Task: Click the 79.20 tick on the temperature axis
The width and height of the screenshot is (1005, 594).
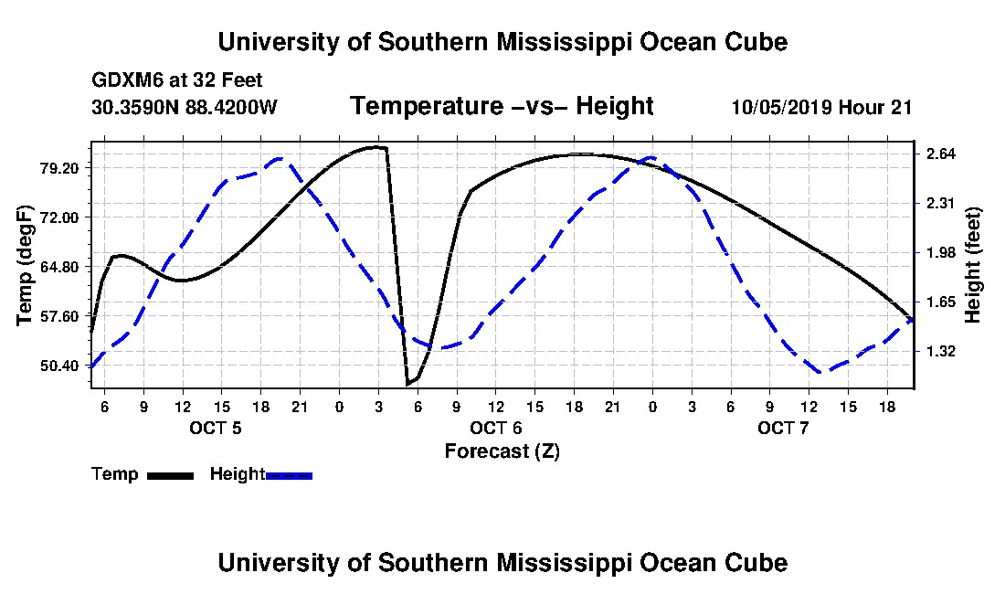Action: (x=59, y=168)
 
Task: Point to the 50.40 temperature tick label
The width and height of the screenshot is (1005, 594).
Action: (x=59, y=366)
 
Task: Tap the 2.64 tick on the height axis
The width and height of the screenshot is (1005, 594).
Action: (x=940, y=154)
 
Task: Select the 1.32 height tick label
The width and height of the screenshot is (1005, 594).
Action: (x=940, y=351)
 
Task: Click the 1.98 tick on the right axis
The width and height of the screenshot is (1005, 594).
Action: (x=940, y=252)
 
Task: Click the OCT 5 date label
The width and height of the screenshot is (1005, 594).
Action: (x=216, y=428)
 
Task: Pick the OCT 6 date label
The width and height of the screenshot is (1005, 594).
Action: (x=496, y=428)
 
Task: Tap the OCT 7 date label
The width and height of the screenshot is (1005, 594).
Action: (x=783, y=428)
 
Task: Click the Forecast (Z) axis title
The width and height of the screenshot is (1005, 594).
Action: (x=503, y=451)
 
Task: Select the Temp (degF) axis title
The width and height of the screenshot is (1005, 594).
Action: (x=25, y=265)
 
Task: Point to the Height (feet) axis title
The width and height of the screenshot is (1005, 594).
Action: (x=972, y=265)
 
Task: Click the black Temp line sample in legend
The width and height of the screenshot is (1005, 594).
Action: (x=170, y=475)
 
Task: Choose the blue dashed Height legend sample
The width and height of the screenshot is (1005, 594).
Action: (x=289, y=475)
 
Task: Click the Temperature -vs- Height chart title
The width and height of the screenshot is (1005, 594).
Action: (x=502, y=106)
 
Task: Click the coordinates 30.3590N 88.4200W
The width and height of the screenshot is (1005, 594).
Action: (x=185, y=107)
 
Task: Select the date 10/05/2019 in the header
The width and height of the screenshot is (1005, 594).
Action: (x=782, y=107)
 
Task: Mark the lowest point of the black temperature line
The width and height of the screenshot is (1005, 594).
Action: (x=407, y=385)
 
